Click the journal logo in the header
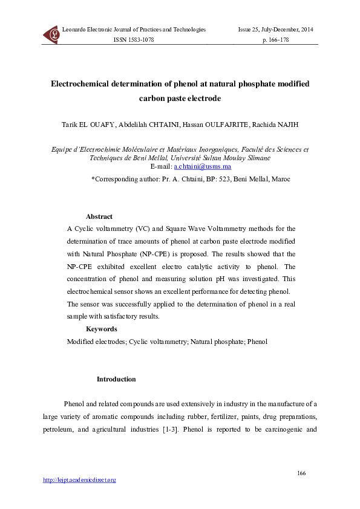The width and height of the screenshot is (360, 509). point(51,34)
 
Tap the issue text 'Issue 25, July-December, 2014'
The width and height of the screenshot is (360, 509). point(275,29)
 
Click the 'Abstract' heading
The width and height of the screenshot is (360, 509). point(99,216)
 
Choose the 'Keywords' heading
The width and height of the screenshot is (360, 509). point(101,329)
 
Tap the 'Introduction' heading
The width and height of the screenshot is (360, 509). point(116,380)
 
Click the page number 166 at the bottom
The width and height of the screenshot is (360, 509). point(302,472)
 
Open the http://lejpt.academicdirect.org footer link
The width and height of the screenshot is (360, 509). point(79,480)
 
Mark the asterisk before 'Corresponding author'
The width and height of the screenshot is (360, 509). point(93,179)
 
